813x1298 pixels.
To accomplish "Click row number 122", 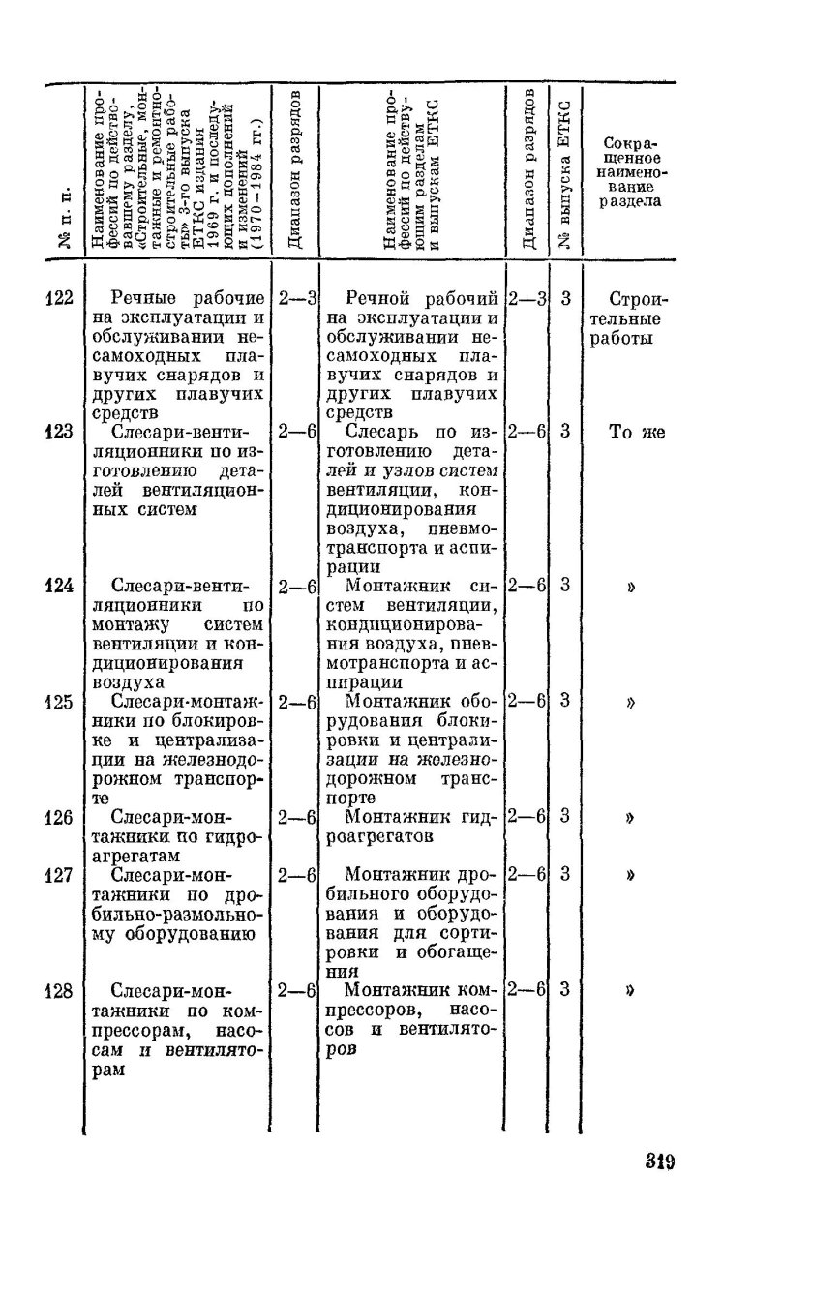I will pyautogui.click(x=60, y=299).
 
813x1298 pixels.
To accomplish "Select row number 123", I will pyautogui.click(x=60, y=433).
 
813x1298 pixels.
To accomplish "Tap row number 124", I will pyautogui.click(x=60, y=586).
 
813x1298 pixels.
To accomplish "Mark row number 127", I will pyautogui.click(x=60, y=875).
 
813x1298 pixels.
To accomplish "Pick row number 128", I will pyautogui.click(x=60, y=990).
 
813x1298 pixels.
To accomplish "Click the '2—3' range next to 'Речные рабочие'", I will pyautogui.click(x=298, y=299).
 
